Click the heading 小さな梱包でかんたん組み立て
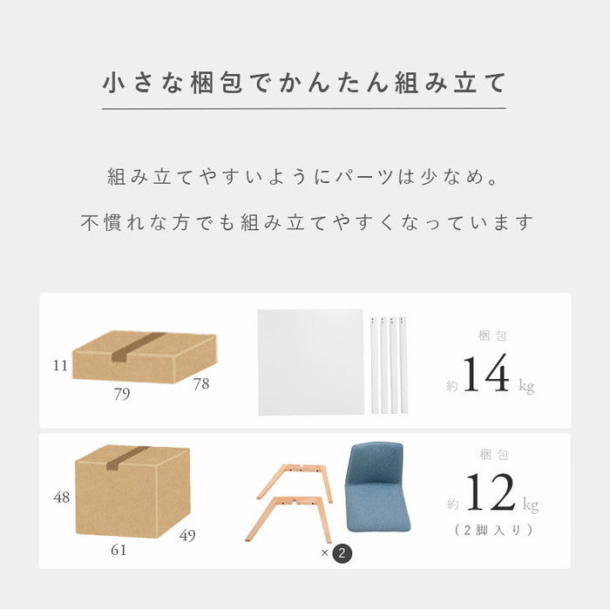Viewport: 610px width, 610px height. (304, 84)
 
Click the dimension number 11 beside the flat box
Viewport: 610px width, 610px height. (60, 366)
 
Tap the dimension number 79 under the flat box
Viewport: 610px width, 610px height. (121, 394)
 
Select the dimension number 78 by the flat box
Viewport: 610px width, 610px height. (201, 383)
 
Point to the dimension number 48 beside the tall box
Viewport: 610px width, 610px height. (61, 498)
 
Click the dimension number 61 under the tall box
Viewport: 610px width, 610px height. (119, 550)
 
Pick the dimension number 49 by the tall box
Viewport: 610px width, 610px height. (188, 535)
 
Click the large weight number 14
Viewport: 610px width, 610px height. (485, 375)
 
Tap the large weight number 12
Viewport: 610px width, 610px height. (490, 493)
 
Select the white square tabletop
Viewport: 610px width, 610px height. (310, 362)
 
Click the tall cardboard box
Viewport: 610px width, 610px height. (131, 492)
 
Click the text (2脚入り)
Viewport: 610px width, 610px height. (493, 530)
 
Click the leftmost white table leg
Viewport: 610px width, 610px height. (375, 363)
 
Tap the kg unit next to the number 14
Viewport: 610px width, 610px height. (526, 385)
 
